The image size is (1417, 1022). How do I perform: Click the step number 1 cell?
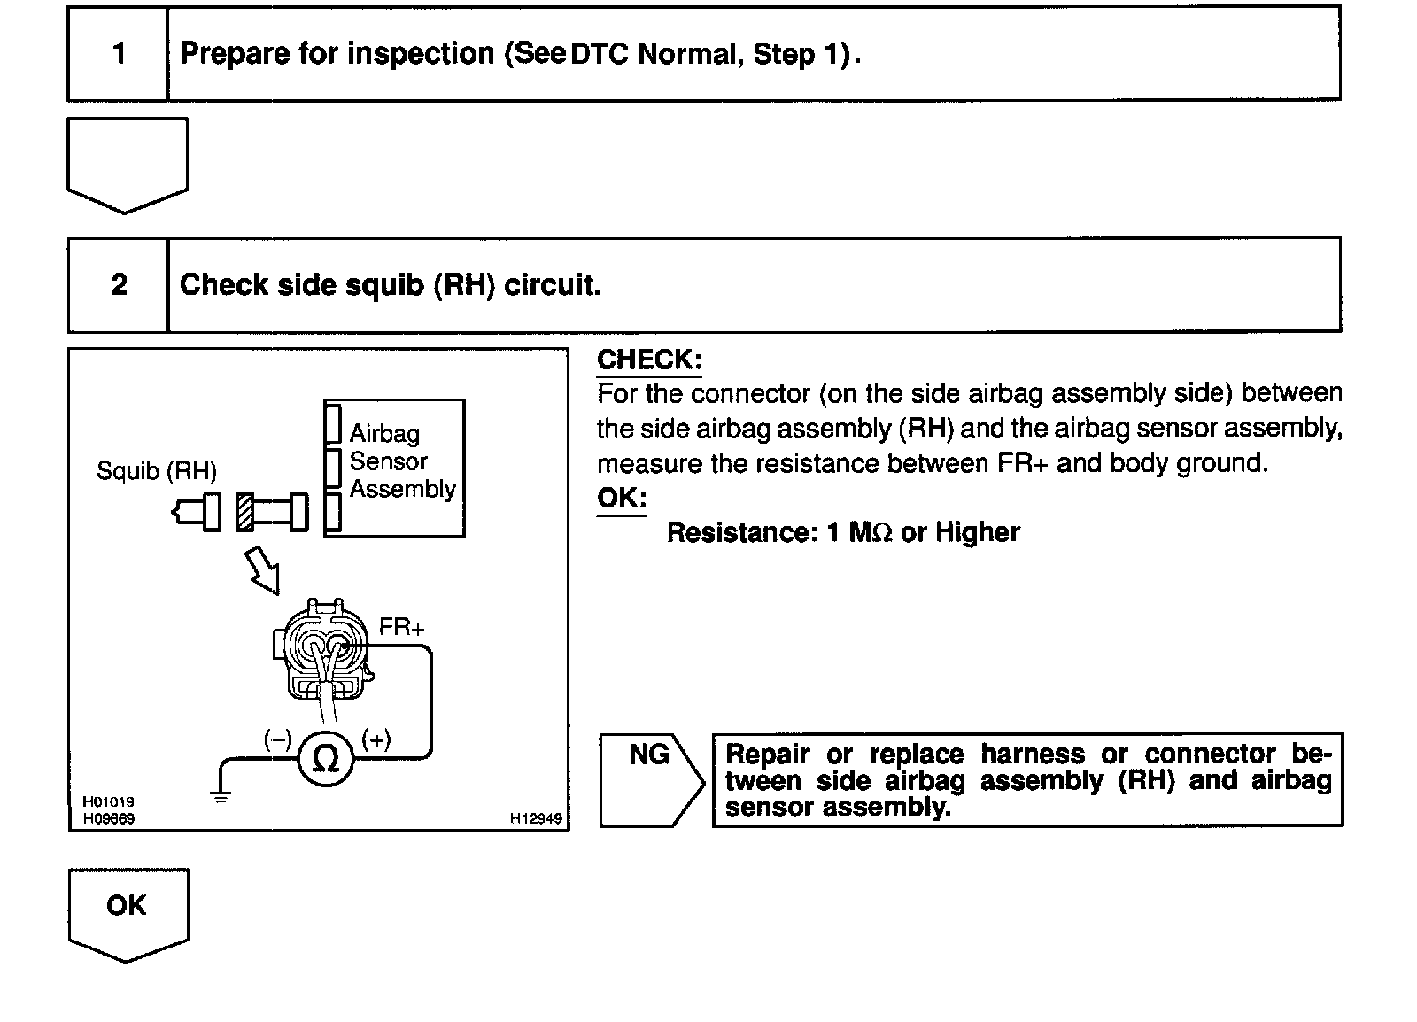tap(119, 54)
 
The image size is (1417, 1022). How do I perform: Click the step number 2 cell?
tap(119, 285)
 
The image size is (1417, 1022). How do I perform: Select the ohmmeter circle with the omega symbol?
tap(326, 759)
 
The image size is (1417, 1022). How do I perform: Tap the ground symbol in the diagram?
tap(221, 794)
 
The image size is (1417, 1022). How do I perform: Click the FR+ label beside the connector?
tap(401, 628)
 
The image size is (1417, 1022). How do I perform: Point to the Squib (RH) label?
tap(156, 470)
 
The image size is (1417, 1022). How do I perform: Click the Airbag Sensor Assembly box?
tap(394, 468)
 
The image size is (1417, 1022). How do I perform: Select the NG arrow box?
tap(650, 778)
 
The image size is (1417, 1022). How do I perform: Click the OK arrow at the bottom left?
tap(127, 912)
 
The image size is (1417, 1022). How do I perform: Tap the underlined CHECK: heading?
tap(649, 360)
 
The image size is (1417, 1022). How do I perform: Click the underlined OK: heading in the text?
tap(622, 498)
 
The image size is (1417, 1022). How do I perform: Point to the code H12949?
tap(535, 819)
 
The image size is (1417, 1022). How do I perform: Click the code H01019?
tap(108, 802)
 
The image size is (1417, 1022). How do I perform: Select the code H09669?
tap(108, 819)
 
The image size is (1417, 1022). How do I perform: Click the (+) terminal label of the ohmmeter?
tap(376, 739)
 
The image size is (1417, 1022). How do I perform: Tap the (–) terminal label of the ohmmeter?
tap(277, 739)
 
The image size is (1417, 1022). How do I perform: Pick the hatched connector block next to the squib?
tap(245, 513)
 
